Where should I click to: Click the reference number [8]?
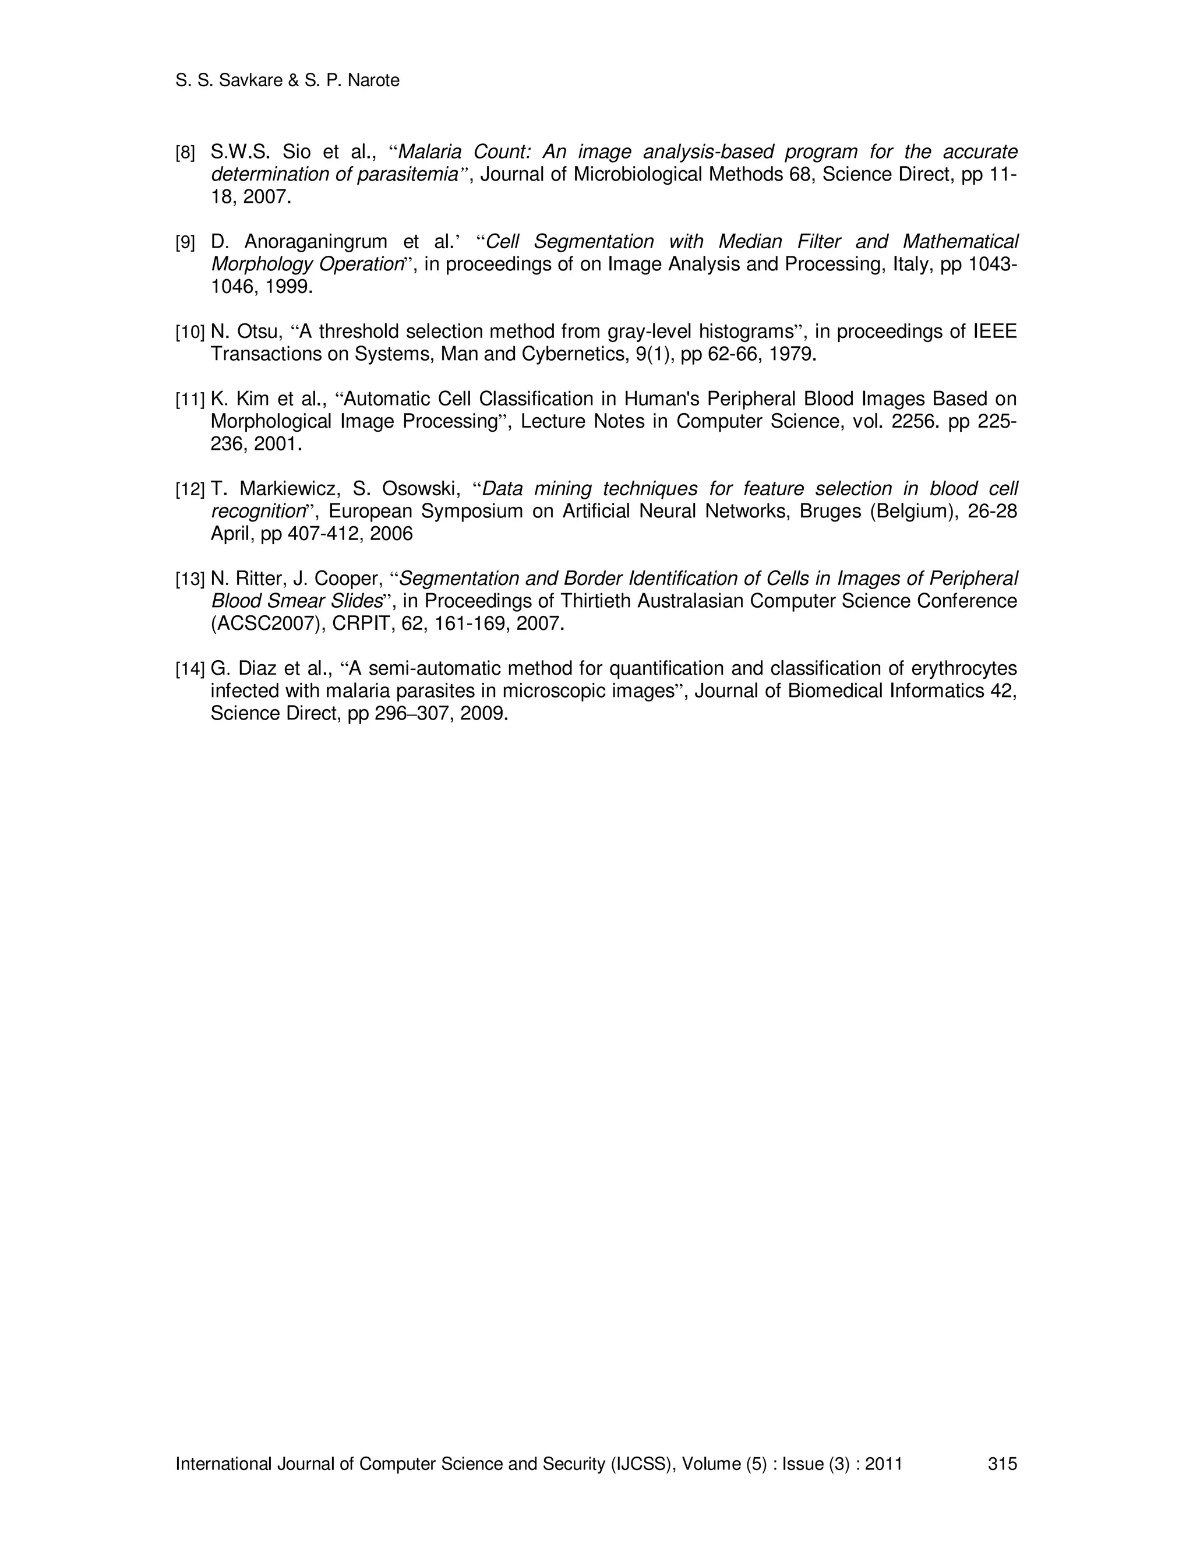click(185, 153)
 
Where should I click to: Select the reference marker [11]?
click(189, 400)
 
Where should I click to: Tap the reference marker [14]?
click(189, 669)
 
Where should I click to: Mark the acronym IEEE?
click(995, 332)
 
